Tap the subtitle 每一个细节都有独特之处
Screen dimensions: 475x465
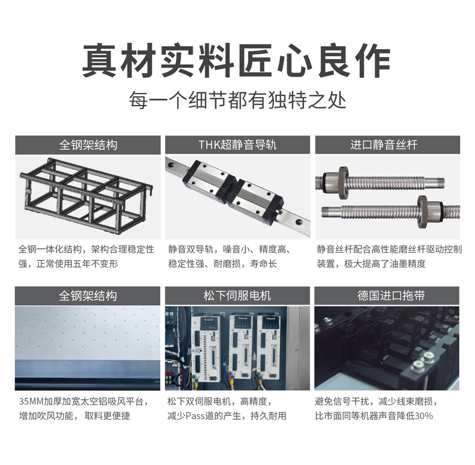(x=237, y=100)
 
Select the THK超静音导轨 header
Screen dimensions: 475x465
(x=237, y=145)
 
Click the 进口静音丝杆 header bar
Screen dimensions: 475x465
(x=388, y=145)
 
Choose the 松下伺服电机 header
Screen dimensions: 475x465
(x=237, y=296)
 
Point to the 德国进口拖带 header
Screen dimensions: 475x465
(x=387, y=296)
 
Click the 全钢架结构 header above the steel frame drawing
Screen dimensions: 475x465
(x=88, y=145)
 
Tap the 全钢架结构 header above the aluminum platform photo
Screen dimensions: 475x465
(x=87, y=296)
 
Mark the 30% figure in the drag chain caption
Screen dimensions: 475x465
(x=424, y=416)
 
